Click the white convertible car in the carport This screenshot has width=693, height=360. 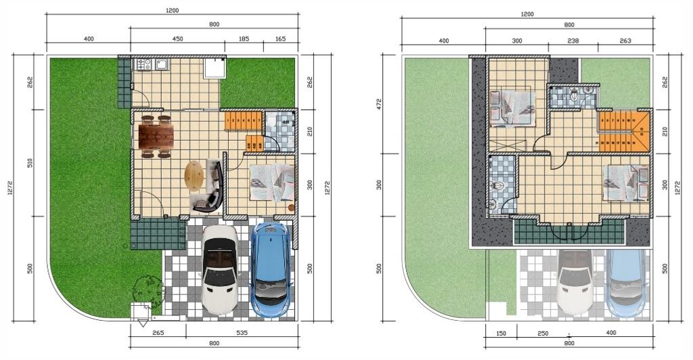pyautogui.click(x=220, y=271)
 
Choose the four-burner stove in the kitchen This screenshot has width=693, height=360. pyautogui.click(x=143, y=65)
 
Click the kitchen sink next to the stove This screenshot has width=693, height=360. pyautogui.click(x=162, y=65)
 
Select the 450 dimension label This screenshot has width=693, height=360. pyautogui.click(x=177, y=40)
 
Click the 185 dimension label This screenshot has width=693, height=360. pyautogui.click(x=244, y=40)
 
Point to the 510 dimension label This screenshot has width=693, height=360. pyautogui.click(x=30, y=164)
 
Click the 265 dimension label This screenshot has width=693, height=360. pyautogui.click(x=158, y=332)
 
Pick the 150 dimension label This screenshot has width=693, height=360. pyautogui.click(x=501, y=333)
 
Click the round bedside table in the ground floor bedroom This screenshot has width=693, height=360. pyautogui.click(x=292, y=207)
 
